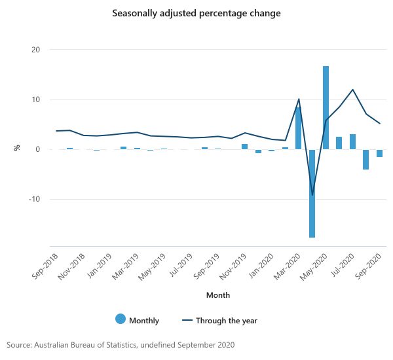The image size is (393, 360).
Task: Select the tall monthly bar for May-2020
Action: pos(326,107)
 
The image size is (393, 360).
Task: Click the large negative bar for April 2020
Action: pos(312,193)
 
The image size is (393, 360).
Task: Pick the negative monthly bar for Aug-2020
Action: pos(365,159)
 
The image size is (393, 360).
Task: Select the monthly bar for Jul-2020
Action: pos(352,141)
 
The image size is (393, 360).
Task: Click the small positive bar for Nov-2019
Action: pos(244,147)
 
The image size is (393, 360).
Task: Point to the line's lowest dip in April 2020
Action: pos(312,194)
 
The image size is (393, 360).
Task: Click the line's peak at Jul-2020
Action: pos(352,90)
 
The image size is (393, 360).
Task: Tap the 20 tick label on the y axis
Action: pos(35,50)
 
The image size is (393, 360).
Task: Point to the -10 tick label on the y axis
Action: pos(33,199)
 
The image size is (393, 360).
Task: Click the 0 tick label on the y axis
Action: pos(38,149)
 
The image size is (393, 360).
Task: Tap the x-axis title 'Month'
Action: pos(217,295)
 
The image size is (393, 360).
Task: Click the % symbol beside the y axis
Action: pos(17,148)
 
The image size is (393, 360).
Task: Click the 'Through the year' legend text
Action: pos(226,321)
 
